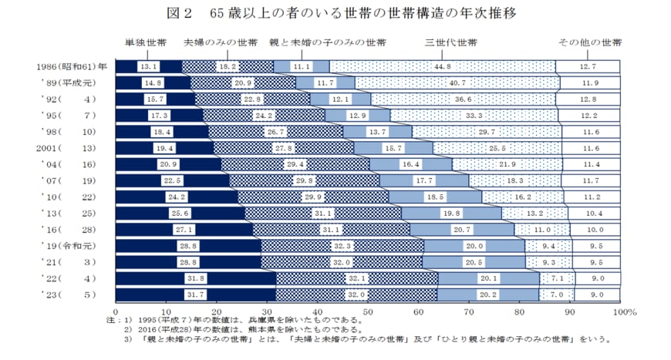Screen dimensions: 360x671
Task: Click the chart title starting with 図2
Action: click(335, 13)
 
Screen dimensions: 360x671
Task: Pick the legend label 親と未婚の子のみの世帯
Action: click(328, 42)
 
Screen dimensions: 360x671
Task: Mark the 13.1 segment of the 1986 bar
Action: click(149, 67)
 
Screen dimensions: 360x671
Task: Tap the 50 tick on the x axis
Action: click(368, 312)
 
